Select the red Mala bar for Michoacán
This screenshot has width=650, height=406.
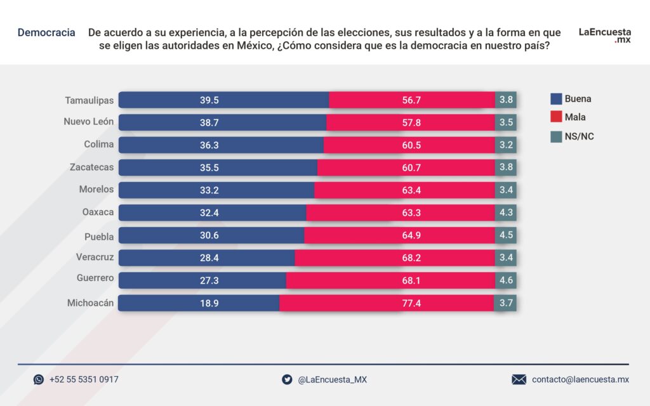(x=387, y=303)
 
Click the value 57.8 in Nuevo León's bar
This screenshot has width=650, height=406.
(x=411, y=123)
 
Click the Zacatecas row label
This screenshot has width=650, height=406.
(x=91, y=167)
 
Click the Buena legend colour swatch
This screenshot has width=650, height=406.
(x=556, y=99)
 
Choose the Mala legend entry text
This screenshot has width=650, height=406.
(x=575, y=117)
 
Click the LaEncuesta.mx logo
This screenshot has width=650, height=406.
(x=604, y=35)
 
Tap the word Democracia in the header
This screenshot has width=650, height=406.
(x=46, y=32)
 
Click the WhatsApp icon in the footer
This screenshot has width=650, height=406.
(x=39, y=379)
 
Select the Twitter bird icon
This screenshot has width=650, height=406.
(x=287, y=379)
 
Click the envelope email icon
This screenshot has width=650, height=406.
(x=519, y=379)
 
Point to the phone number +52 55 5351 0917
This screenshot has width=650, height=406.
(x=84, y=379)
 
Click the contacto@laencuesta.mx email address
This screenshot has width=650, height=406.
(x=580, y=379)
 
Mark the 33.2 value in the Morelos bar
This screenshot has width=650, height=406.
(x=209, y=190)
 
